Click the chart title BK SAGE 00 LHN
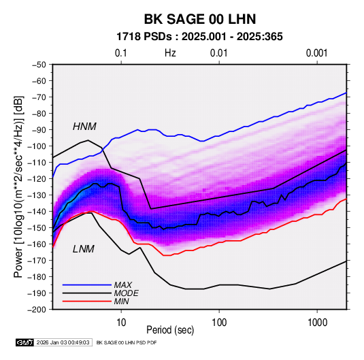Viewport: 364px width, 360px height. tap(200, 19)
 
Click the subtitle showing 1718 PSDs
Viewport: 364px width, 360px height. tap(199, 37)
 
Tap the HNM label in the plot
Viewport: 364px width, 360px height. tap(84, 127)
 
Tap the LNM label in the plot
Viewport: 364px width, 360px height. tap(84, 249)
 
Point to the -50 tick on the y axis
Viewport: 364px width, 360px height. tap(39, 65)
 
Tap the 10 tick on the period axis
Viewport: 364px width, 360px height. tap(121, 323)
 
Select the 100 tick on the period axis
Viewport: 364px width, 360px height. tap(219, 323)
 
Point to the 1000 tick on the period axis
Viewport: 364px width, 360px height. tap(317, 323)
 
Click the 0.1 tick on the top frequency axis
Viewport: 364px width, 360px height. tap(121, 53)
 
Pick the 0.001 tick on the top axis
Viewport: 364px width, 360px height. tap(316, 53)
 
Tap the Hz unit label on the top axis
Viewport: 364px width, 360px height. tap(170, 53)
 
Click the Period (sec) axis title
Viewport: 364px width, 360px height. tap(170, 330)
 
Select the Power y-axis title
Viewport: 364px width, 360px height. tap(18, 187)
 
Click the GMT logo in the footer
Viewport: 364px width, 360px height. tap(25, 342)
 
